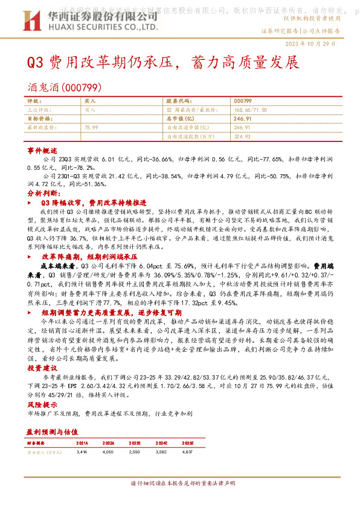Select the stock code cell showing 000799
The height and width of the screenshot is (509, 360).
click(x=243, y=100)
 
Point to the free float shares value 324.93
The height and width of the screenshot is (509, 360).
click(x=242, y=137)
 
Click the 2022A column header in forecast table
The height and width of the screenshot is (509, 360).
click(x=108, y=443)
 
